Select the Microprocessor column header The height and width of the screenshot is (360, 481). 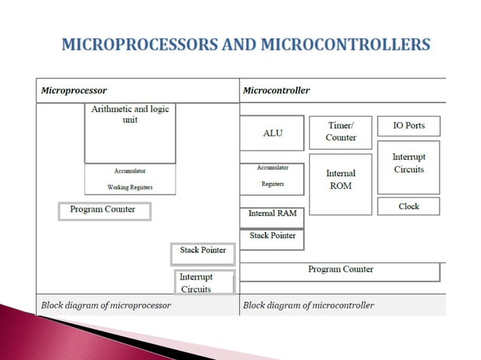pyautogui.click(x=74, y=90)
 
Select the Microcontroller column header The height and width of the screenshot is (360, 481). pyautogui.click(x=276, y=90)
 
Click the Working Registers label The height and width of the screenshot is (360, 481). pyautogui.click(x=130, y=187)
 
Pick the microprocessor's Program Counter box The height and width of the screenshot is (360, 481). pyautogui.click(x=104, y=210)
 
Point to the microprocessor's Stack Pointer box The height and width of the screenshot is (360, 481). pyautogui.click(x=203, y=252)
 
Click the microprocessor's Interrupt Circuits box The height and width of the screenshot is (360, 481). pyautogui.click(x=204, y=282)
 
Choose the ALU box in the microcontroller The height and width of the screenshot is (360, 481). pyautogui.click(x=272, y=133)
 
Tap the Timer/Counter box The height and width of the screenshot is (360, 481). pyautogui.click(x=341, y=132)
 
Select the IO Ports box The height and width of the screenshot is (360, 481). pyautogui.click(x=409, y=126)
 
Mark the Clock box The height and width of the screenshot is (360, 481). pyautogui.click(x=409, y=206)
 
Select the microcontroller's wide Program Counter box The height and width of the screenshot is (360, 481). pyautogui.click(x=340, y=270)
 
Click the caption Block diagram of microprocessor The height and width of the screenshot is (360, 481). pyautogui.click(x=106, y=305)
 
